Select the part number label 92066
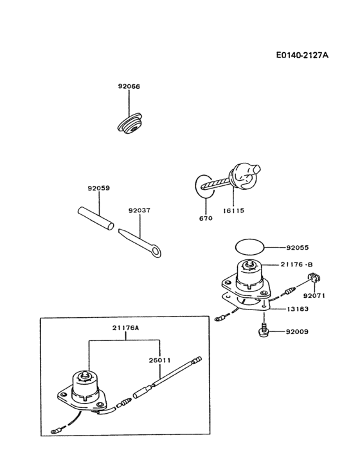click(x=129, y=86)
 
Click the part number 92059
click(x=99, y=189)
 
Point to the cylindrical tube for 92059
click(x=94, y=217)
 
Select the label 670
click(x=205, y=219)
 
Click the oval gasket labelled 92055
click(x=248, y=246)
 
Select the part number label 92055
click(x=298, y=246)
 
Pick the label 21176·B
click(x=296, y=264)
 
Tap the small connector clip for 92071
click(x=314, y=279)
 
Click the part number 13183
click(x=298, y=309)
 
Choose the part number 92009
click(x=298, y=332)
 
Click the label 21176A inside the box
click(x=126, y=328)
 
